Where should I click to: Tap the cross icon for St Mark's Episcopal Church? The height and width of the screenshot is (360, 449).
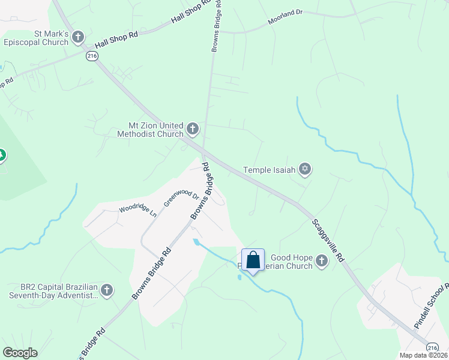point(78,38)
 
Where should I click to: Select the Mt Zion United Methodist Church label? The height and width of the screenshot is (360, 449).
point(155,129)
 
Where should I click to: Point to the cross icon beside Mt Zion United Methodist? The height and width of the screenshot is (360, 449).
point(193,128)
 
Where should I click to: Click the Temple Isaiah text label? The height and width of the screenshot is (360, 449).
point(270,170)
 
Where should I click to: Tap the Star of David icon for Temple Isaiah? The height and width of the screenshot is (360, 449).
point(305,170)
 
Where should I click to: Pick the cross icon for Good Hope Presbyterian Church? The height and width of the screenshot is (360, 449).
point(322,261)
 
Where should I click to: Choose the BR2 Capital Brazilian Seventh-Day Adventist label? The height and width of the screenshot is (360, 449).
point(53,291)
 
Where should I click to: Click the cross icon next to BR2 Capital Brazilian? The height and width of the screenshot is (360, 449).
point(107,291)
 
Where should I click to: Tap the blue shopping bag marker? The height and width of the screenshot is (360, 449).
point(253,260)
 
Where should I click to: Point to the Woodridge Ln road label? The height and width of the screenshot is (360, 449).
point(137,209)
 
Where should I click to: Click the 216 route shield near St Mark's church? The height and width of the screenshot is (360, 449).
point(91,55)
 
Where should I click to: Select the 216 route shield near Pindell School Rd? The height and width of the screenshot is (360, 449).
point(432,347)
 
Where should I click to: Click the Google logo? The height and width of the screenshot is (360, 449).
point(20,353)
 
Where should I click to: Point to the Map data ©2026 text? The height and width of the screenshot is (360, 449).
point(424,355)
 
